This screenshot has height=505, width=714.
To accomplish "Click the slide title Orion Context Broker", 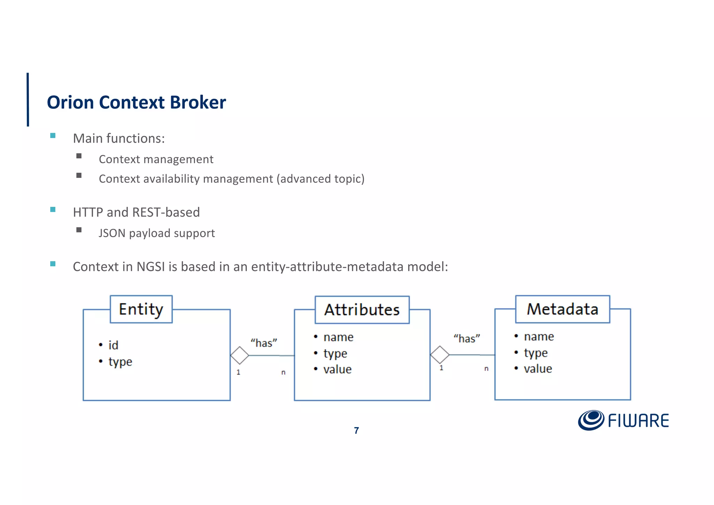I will click(x=136, y=103).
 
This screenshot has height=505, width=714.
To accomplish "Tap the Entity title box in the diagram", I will click(x=141, y=309).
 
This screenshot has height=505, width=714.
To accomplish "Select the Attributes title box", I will click(x=362, y=310).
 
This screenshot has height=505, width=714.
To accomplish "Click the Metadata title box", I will click(x=562, y=309).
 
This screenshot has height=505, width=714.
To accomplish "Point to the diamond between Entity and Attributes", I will click(x=240, y=355).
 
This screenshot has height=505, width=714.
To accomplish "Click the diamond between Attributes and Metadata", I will click(x=440, y=355).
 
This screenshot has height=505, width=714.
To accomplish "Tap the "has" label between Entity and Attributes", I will click(x=264, y=343).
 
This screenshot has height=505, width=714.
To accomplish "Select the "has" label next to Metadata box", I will click(x=466, y=339).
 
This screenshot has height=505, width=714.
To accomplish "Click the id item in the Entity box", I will click(x=113, y=345).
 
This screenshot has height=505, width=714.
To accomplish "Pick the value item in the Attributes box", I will click(x=337, y=369).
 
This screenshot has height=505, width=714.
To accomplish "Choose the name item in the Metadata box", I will click(x=539, y=337).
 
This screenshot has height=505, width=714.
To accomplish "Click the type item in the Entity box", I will click(x=120, y=362).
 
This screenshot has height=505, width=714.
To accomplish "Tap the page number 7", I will click(x=356, y=431).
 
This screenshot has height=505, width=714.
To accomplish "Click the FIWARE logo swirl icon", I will click(x=591, y=420).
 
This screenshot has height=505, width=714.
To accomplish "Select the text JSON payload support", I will click(x=157, y=233).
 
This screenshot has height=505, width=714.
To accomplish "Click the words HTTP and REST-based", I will click(x=136, y=212).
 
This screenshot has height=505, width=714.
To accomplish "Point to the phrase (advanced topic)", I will click(x=320, y=179).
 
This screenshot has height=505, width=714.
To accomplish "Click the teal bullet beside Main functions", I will click(x=53, y=136).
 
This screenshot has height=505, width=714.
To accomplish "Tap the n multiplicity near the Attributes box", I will click(x=283, y=372).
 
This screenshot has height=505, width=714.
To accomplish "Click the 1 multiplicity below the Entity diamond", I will click(x=238, y=372).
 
